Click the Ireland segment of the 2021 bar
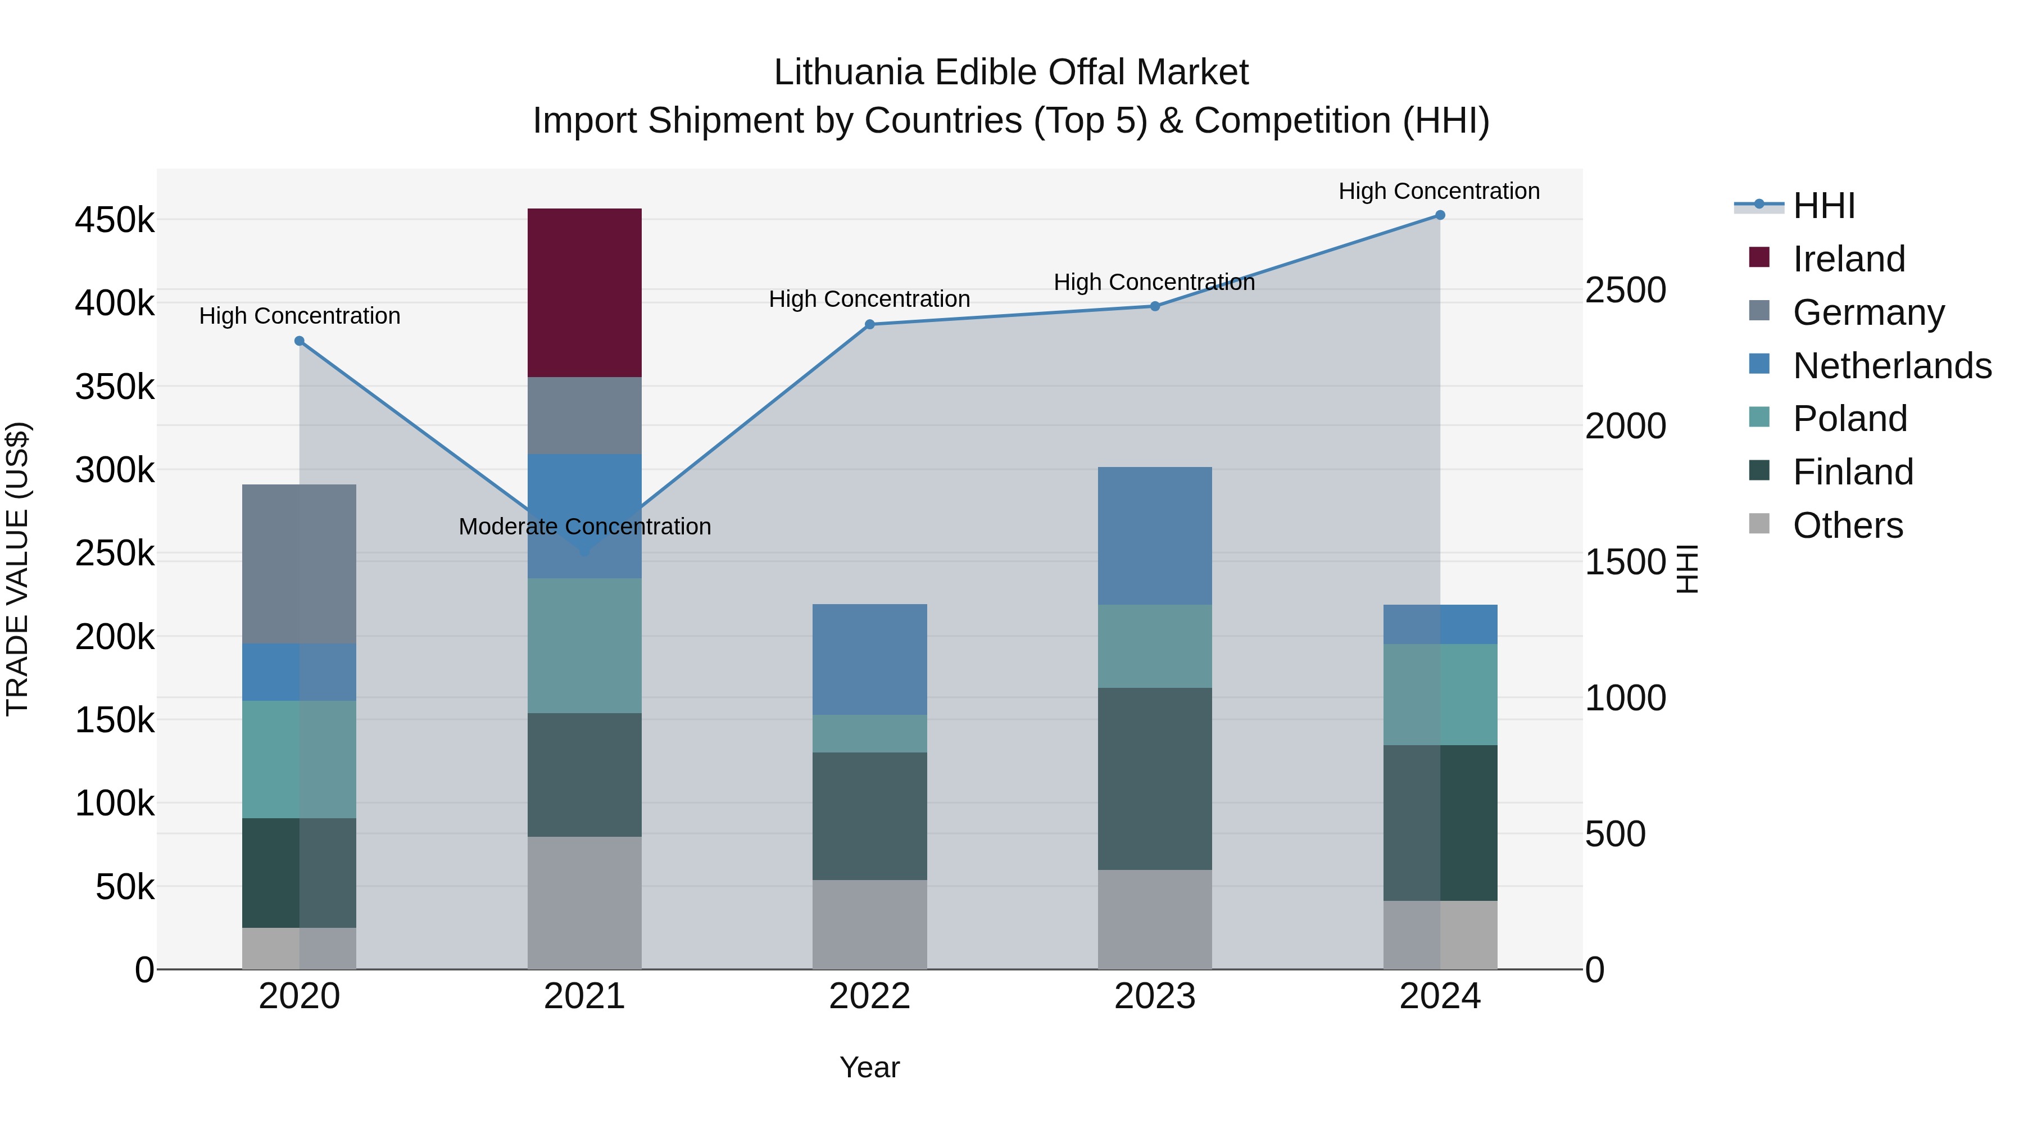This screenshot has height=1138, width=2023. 584,292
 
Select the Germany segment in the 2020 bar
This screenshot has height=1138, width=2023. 299,563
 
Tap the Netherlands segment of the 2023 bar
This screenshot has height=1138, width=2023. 1154,535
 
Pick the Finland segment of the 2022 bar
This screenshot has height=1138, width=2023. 869,815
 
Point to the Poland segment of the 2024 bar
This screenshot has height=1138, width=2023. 1440,693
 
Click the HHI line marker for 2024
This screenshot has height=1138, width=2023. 1440,215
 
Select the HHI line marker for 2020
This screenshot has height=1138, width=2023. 299,341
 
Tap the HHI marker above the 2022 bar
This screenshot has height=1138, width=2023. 869,324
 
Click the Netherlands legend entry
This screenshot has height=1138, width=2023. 1891,366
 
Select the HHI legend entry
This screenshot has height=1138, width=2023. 1824,206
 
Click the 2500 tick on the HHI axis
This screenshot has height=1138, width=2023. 1625,290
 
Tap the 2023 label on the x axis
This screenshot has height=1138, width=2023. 1154,996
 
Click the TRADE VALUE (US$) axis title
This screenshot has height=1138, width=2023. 17,569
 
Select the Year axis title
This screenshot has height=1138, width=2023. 869,1067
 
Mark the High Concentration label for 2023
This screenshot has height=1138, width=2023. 1154,282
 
